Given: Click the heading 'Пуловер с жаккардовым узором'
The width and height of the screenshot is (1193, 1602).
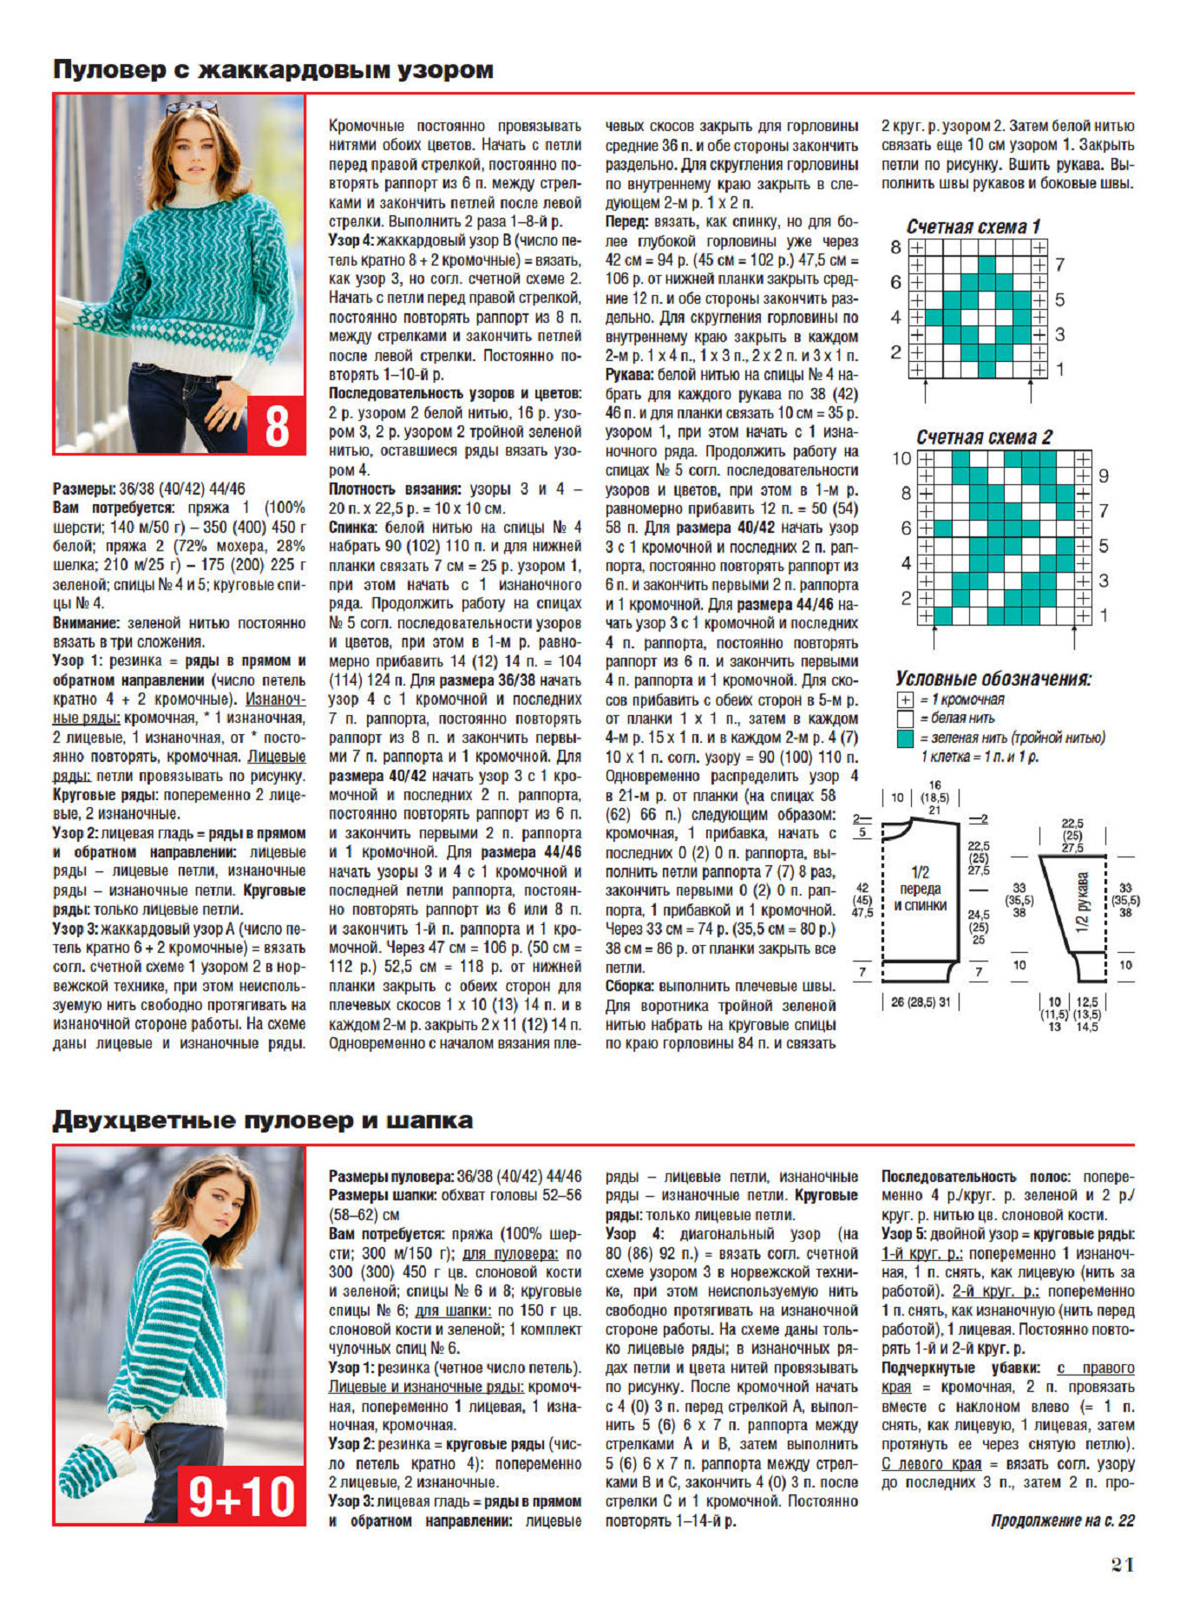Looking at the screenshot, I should (273, 69).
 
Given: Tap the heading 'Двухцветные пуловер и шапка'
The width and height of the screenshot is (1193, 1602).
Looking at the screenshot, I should (263, 1120).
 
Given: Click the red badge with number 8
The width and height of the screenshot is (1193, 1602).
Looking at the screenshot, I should (277, 425).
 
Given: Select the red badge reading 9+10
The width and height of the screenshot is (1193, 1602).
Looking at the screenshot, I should (242, 1495).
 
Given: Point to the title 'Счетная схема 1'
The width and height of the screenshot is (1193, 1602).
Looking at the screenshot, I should (973, 227).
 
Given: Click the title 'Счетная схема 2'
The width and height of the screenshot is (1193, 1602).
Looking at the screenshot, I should (984, 437).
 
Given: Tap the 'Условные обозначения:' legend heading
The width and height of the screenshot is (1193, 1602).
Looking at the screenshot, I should (993, 679).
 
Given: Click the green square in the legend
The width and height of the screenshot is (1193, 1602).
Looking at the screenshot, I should (906, 739).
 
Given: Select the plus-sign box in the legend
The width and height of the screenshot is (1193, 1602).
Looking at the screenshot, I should (906, 699).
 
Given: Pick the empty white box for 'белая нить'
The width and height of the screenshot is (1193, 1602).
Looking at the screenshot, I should (906, 719).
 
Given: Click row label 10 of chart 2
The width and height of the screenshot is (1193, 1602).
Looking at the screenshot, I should (901, 459).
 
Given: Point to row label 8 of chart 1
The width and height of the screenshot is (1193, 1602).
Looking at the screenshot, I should (895, 247).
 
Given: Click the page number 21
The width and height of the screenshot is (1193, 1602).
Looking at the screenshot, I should (1123, 1565).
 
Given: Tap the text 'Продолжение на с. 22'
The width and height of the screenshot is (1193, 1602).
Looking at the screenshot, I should (1062, 1520).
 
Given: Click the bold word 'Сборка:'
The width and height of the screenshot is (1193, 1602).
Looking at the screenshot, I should (633, 987).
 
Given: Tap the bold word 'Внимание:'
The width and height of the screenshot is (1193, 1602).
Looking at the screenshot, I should (87, 623).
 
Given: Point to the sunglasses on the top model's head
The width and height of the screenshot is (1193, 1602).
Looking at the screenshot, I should (193, 108).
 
